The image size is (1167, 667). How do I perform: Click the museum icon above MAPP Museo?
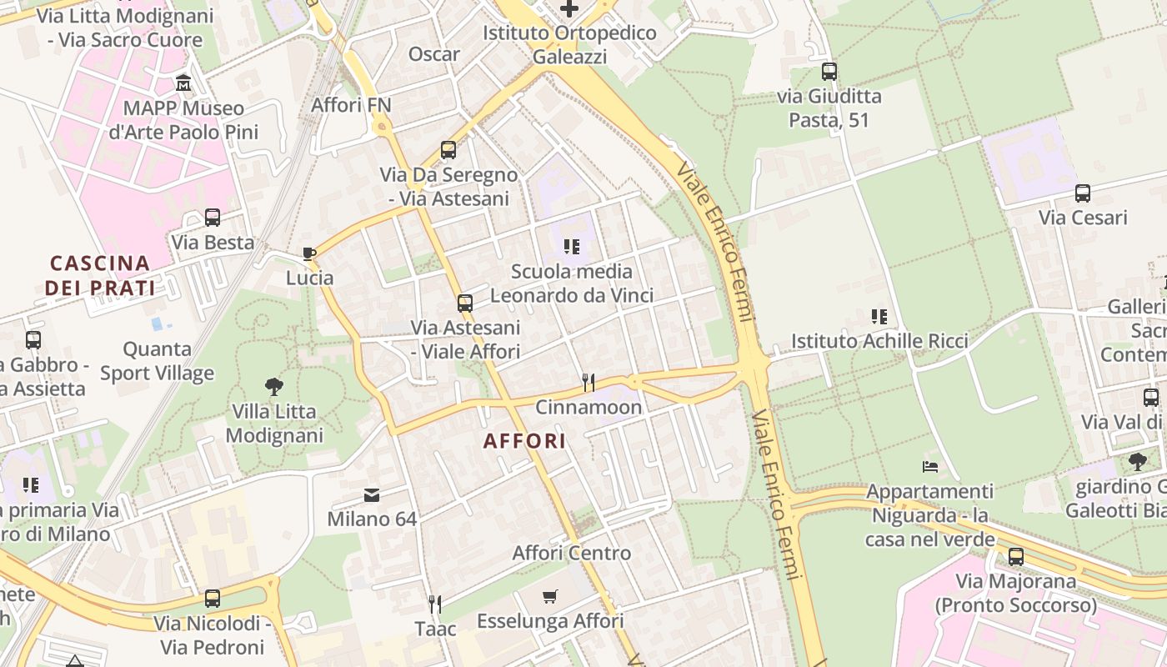click(x=183, y=83)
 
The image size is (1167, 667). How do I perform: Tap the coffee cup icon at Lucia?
click(x=309, y=253)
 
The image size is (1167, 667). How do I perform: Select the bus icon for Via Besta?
click(x=213, y=218)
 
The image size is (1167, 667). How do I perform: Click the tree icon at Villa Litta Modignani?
click(x=273, y=386)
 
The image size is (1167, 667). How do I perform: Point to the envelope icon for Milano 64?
click(x=372, y=495)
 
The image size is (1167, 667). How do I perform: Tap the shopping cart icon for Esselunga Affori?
click(x=549, y=597)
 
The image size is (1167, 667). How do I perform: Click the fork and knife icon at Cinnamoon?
click(x=589, y=383)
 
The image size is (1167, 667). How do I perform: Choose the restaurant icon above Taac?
click(x=434, y=604)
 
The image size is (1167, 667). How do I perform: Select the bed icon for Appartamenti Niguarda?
click(x=930, y=466)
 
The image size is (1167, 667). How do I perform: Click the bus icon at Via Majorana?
click(x=1015, y=557)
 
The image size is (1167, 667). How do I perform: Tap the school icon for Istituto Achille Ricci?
click(x=879, y=317)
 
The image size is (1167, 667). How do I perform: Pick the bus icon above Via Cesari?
click(x=1083, y=193)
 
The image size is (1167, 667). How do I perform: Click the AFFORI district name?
click(x=524, y=441)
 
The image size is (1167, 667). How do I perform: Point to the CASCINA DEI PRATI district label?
click(x=100, y=276)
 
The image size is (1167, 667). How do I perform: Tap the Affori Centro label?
click(x=572, y=553)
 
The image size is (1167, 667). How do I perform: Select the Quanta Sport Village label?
click(x=157, y=361)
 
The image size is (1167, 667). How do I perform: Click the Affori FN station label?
click(x=351, y=105)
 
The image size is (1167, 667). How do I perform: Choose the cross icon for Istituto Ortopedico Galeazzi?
click(x=569, y=9)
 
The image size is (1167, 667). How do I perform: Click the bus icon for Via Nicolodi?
click(x=213, y=599)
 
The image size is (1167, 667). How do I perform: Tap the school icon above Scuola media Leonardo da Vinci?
click(x=571, y=247)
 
